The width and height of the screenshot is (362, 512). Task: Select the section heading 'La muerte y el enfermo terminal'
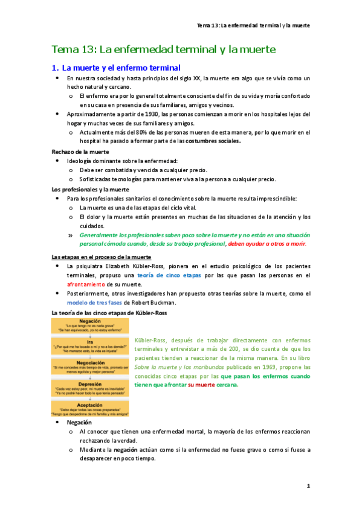click(x=121, y=68)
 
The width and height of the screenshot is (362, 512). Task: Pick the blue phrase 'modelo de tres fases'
click(x=95, y=302)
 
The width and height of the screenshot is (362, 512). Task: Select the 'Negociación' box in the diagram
click(x=89, y=366)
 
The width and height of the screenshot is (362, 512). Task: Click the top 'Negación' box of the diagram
click(x=89, y=325)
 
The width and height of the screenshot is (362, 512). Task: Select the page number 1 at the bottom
click(x=308, y=485)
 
